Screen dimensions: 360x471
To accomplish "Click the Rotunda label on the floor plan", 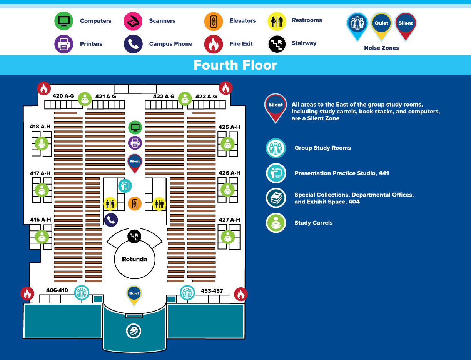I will coord(135,259).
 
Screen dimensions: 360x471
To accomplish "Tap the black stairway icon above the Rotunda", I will coord(134,236).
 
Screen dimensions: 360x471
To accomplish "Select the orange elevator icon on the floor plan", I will coord(135,203).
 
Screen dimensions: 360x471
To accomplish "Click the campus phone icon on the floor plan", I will coord(111,220).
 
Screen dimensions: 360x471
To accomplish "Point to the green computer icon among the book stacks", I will coord(135,127).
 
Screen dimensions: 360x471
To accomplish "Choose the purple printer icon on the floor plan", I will coord(135,143).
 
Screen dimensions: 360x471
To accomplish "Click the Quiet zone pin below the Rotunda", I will coord(134,294).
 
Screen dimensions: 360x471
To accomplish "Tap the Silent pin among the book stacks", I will coord(135,162).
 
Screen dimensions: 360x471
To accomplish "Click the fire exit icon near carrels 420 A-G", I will coord(44,88).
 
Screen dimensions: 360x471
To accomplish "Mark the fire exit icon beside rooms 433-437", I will coord(241,294).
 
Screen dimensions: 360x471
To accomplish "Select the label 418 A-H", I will coord(40,127).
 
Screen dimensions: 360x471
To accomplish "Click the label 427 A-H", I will coord(229,220).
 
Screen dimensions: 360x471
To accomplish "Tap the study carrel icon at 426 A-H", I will coord(227,190).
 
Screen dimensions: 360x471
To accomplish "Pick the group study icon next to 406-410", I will coord(82,293).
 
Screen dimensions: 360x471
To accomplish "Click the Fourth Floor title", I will coord(235,65).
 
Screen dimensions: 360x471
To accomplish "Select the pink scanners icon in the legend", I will coord(133,21).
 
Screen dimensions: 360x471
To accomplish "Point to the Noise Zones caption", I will coord(381,48).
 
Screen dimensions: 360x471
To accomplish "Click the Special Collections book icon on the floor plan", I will coord(134,331).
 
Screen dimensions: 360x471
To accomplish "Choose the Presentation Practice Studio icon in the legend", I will coord(276,173).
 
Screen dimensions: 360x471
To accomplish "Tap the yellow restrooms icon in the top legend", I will coord(277,21).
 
